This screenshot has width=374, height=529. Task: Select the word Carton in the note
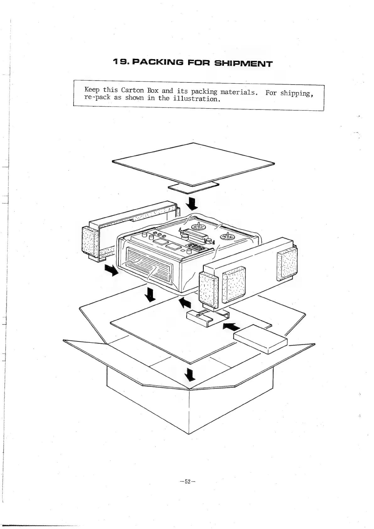(132, 90)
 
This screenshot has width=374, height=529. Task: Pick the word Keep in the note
(92, 90)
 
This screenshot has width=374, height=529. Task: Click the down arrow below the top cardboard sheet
(192, 203)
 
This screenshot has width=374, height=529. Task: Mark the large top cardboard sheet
(193, 164)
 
